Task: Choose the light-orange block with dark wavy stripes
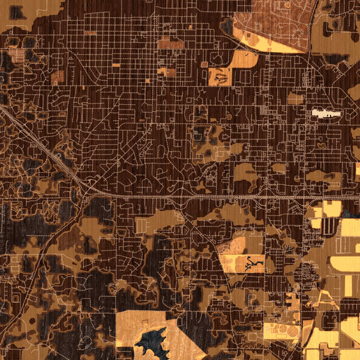point(220,76)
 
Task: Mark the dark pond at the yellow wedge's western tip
point(227,25)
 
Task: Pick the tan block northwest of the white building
point(295,98)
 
